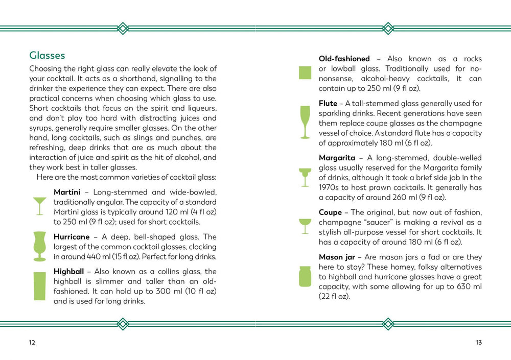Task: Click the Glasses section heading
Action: (47, 55)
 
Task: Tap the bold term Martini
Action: (66, 193)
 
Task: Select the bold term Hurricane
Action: (72, 237)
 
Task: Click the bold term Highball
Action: (70, 272)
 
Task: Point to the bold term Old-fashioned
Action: (344, 59)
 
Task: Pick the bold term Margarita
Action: (337, 158)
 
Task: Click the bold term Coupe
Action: (330, 212)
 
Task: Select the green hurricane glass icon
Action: (39, 246)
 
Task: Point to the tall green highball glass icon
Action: (39, 286)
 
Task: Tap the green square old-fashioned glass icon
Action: (305, 73)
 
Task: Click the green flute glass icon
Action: (305, 123)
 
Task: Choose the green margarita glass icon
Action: (305, 177)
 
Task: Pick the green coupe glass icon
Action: (305, 226)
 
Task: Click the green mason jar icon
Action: (305, 276)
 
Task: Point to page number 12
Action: (32, 343)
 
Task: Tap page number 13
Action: (478, 343)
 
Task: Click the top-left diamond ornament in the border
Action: (123, 28)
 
